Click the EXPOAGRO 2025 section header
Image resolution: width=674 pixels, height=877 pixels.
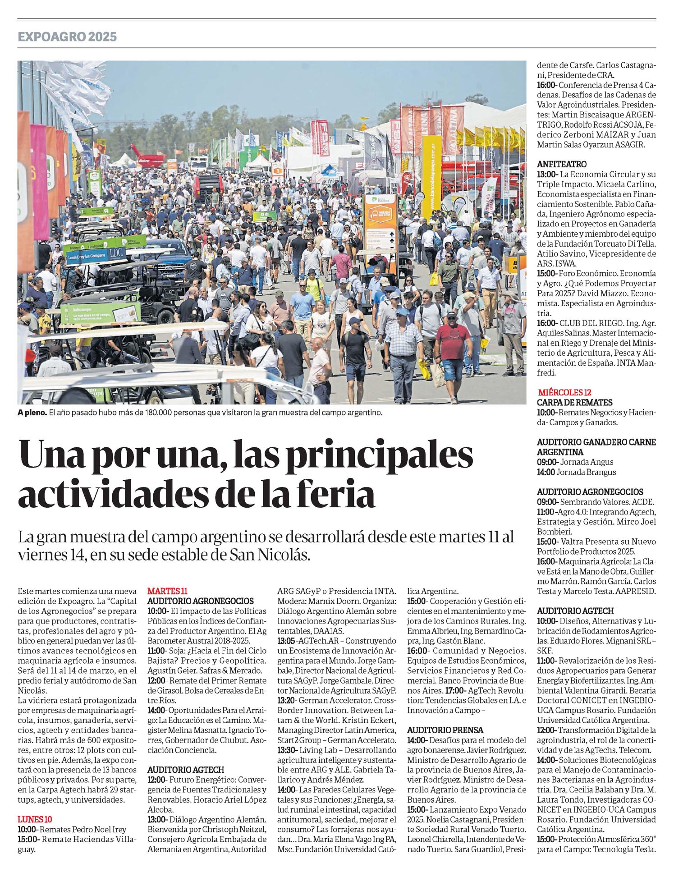(67, 37)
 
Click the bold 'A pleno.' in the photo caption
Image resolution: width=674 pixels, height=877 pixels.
(32, 412)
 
